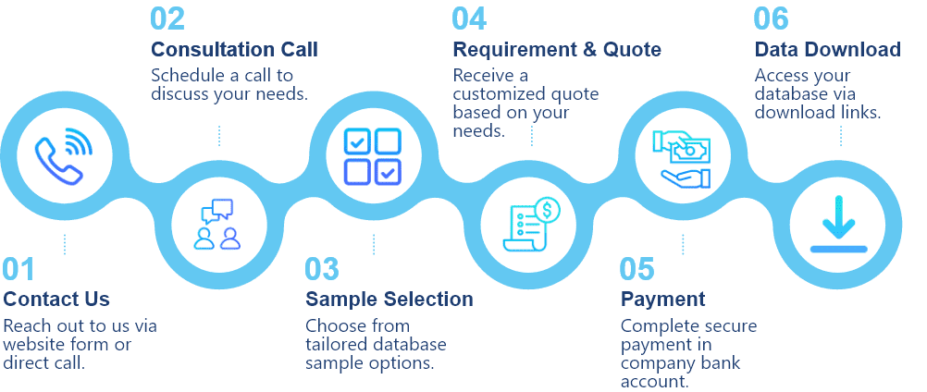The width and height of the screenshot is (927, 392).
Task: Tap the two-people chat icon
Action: pos(217,223)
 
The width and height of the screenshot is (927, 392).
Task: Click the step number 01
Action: pos(19,269)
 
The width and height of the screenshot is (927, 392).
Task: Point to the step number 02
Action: pos(167,18)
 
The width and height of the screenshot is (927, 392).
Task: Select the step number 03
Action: pos(323,269)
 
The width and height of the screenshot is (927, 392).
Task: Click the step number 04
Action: pos(469,18)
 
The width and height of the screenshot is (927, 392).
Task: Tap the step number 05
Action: pos(637,269)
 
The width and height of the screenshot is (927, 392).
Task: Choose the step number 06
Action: pos(772,18)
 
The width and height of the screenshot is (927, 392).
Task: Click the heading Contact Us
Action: pos(56,299)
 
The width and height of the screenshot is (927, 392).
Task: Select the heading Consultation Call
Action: pos(234,49)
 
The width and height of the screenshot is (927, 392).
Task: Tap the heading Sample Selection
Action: pos(389,299)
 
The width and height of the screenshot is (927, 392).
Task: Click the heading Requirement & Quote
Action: pos(556,49)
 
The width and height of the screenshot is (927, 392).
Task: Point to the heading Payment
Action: pos(662,299)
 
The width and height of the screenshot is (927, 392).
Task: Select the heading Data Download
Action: pos(827,49)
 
